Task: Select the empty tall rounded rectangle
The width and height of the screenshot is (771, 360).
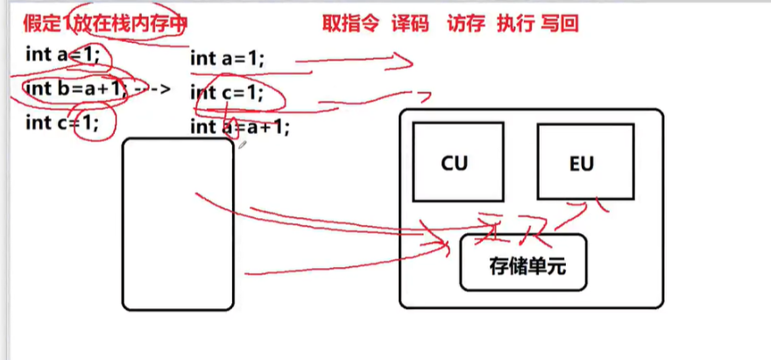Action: pos(178,223)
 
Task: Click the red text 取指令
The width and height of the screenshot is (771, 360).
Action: pos(350,24)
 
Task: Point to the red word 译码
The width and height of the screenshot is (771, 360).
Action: pos(409,24)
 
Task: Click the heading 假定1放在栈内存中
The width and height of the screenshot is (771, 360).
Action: pos(105,24)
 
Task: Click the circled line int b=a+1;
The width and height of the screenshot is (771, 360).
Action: pos(77,88)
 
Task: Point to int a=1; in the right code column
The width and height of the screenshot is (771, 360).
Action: pos(227,59)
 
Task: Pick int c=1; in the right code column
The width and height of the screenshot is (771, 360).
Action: pos(227,93)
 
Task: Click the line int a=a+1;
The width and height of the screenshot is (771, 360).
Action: pos(239,128)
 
